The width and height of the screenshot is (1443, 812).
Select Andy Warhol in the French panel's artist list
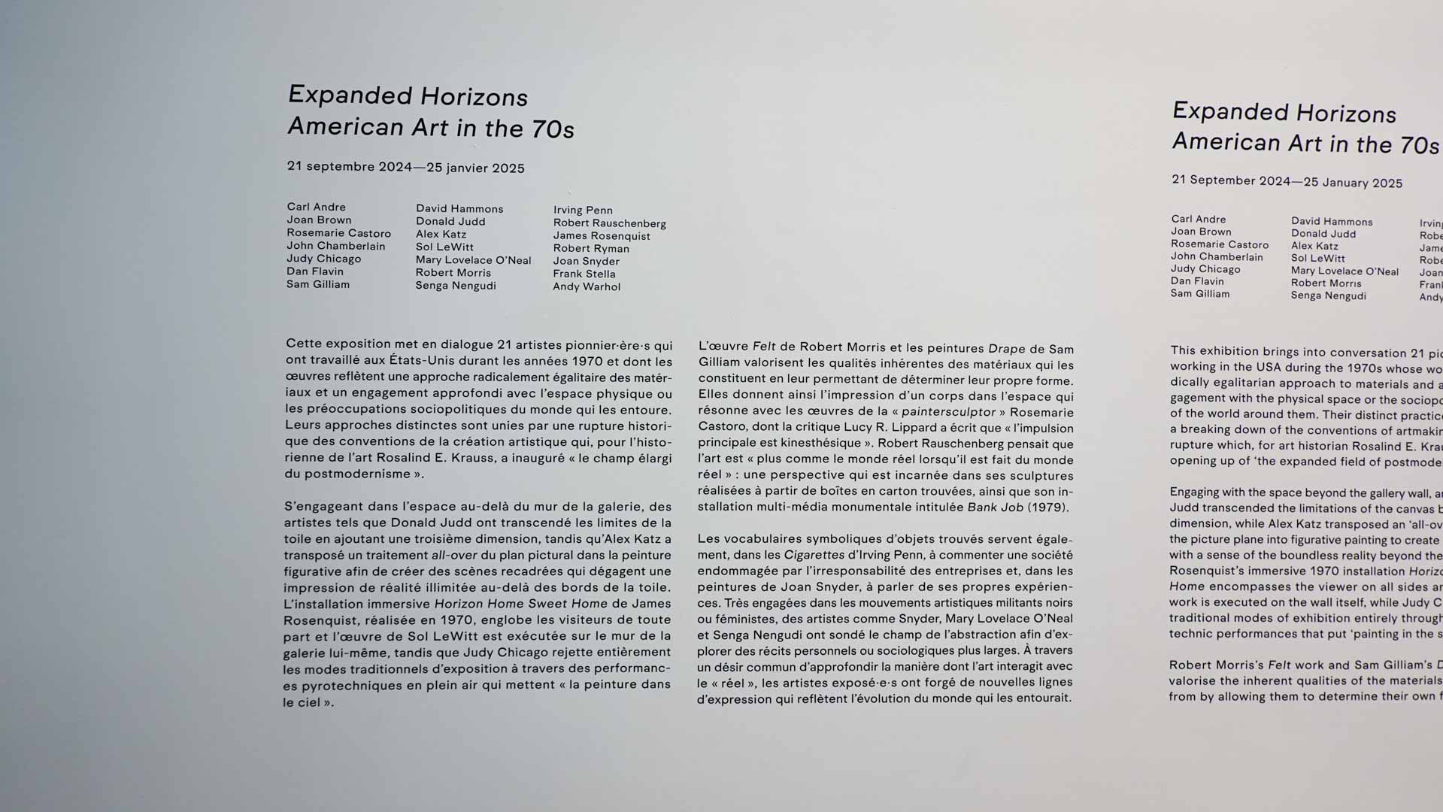pos(587,286)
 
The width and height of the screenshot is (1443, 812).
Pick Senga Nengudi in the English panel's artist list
pos(1328,295)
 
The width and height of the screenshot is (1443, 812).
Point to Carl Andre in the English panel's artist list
pos(1198,219)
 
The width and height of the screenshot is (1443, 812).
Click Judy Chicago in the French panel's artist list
pos(323,259)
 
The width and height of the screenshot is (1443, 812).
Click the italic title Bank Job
pos(995,507)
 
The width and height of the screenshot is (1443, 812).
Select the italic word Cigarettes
pos(814,555)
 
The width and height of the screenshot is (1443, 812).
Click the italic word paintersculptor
pos(948,412)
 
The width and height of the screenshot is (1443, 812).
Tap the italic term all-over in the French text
pos(454,556)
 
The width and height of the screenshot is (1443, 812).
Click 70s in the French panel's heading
pos(553,129)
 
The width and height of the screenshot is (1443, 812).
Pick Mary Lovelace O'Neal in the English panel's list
pos(1344,271)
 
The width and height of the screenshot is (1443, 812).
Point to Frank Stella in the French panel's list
pos(584,274)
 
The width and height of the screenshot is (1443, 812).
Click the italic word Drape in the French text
pos(1006,349)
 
